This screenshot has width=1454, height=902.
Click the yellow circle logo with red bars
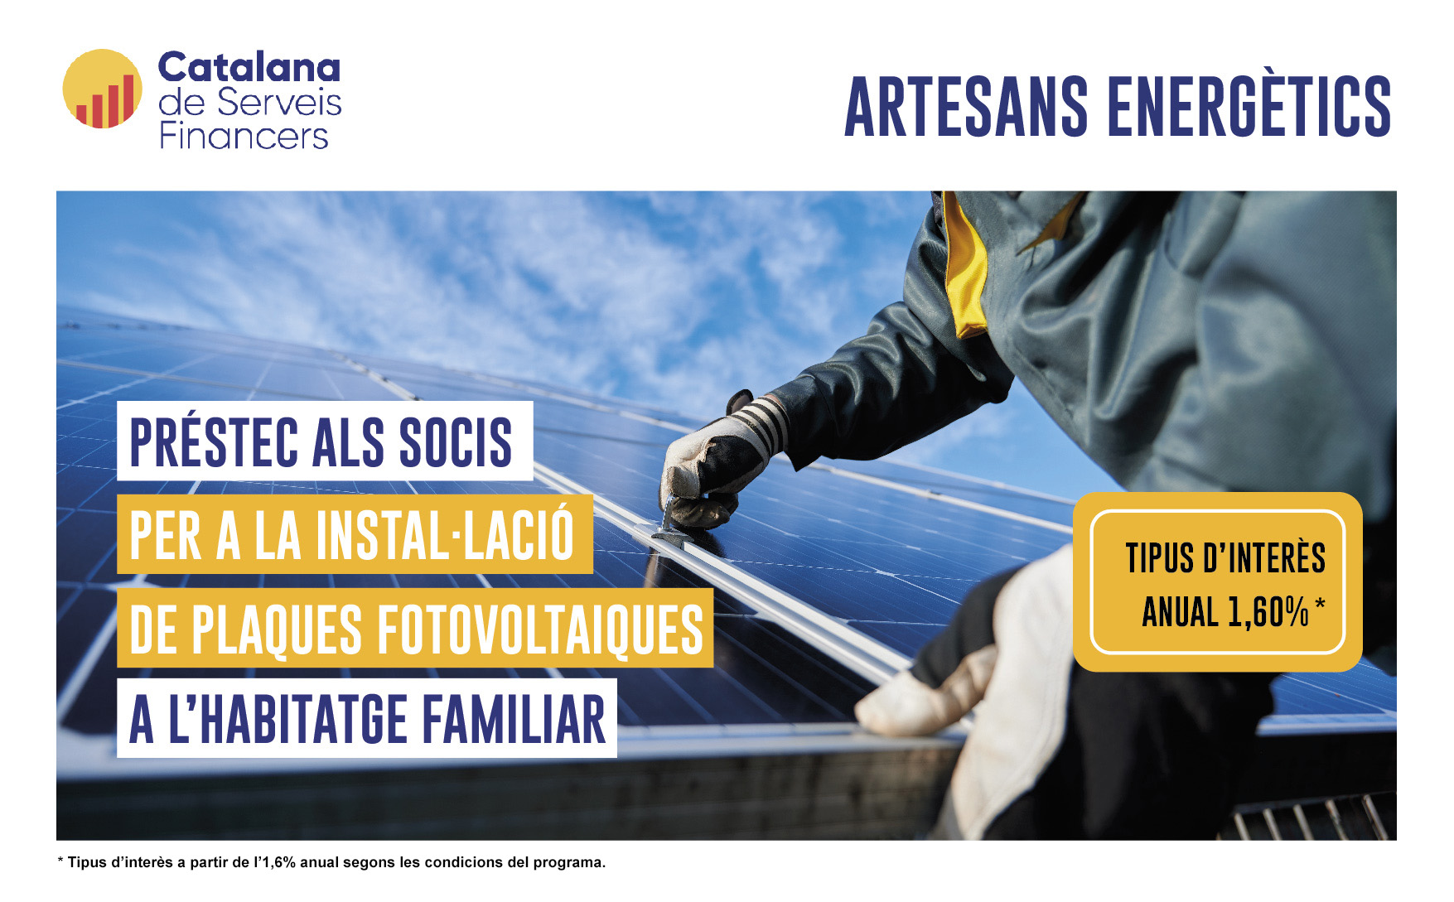click(x=103, y=89)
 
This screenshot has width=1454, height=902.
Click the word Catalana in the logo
click(x=249, y=67)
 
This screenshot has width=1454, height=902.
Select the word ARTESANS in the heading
click(x=966, y=107)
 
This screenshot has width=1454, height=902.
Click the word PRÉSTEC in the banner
click(x=214, y=441)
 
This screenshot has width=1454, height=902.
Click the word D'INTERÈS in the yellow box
click(x=1264, y=557)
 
